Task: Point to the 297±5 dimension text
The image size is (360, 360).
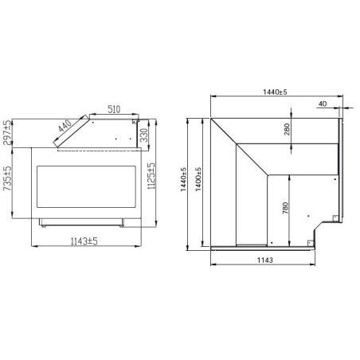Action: (7, 134)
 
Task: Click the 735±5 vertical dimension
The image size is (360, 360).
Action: (7, 182)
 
